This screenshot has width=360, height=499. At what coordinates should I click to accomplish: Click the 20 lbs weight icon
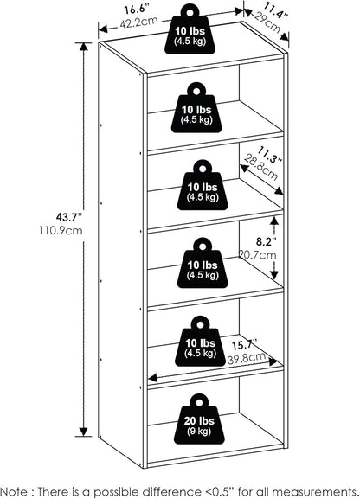[x=199, y=419]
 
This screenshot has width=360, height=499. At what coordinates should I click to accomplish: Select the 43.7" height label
[x=69, y=217]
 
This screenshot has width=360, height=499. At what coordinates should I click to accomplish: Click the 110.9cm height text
[x=61, y=230]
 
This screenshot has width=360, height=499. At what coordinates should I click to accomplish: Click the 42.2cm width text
[x=138, y=22]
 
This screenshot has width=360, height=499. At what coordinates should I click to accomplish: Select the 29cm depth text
[x=267, y=23]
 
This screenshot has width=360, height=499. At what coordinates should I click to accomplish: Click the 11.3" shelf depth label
[x=270, y=155]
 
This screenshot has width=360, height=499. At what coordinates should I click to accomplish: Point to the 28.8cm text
[x=261, y=167]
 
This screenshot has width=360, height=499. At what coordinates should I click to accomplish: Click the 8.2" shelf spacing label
[x=266, y=242]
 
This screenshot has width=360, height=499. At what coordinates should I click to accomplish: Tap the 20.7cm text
[x=257, y=254]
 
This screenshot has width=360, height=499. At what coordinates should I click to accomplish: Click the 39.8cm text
[x=247, y=358]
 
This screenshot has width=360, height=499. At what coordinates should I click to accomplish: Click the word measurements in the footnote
[x=314, y=491]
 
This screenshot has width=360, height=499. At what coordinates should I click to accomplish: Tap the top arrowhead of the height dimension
[x=83, y=46]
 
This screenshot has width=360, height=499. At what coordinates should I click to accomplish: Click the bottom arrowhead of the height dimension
[x=83, y=432]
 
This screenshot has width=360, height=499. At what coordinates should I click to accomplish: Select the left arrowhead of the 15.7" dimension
[x=153, y=378]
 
